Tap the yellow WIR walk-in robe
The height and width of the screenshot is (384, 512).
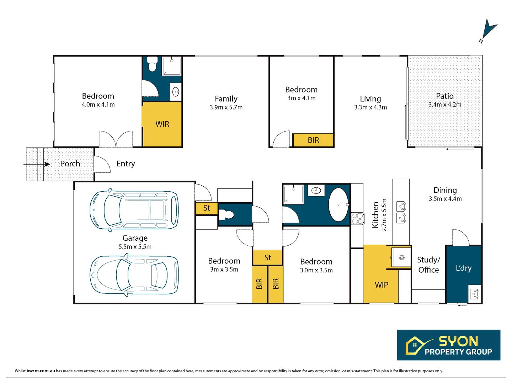pos(162,124)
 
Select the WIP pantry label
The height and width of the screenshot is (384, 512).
pos(381,285)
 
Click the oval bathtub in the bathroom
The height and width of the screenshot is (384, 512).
pos(338,205)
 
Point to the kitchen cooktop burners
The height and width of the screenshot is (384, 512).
pos(357,219)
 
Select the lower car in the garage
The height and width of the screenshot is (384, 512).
pos(134,275)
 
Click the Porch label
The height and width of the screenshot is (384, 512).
pos(70,164)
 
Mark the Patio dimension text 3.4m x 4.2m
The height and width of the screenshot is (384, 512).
pos(444,105)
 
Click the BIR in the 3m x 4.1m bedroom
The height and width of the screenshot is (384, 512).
pos(313,140)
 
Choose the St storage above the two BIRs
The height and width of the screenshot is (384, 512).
pos(268,257)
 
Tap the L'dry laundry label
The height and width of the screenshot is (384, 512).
pos(463,268)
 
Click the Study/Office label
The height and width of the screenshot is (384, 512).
pos(428,265)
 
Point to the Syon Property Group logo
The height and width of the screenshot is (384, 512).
pos(448,345)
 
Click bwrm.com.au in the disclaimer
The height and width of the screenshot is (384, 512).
pos(41,371)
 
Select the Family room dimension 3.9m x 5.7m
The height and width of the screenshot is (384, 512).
pos(226,107)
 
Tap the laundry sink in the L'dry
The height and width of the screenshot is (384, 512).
pos(475,294)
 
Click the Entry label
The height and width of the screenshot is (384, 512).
pos(126,164)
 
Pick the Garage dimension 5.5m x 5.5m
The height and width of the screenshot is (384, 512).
pos(135,247)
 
